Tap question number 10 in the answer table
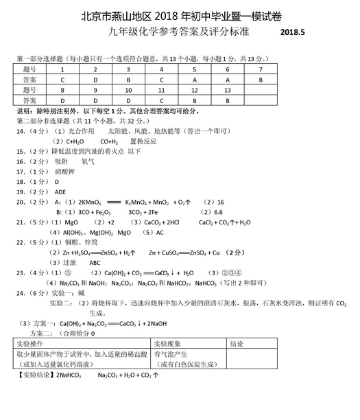[128, 90]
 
